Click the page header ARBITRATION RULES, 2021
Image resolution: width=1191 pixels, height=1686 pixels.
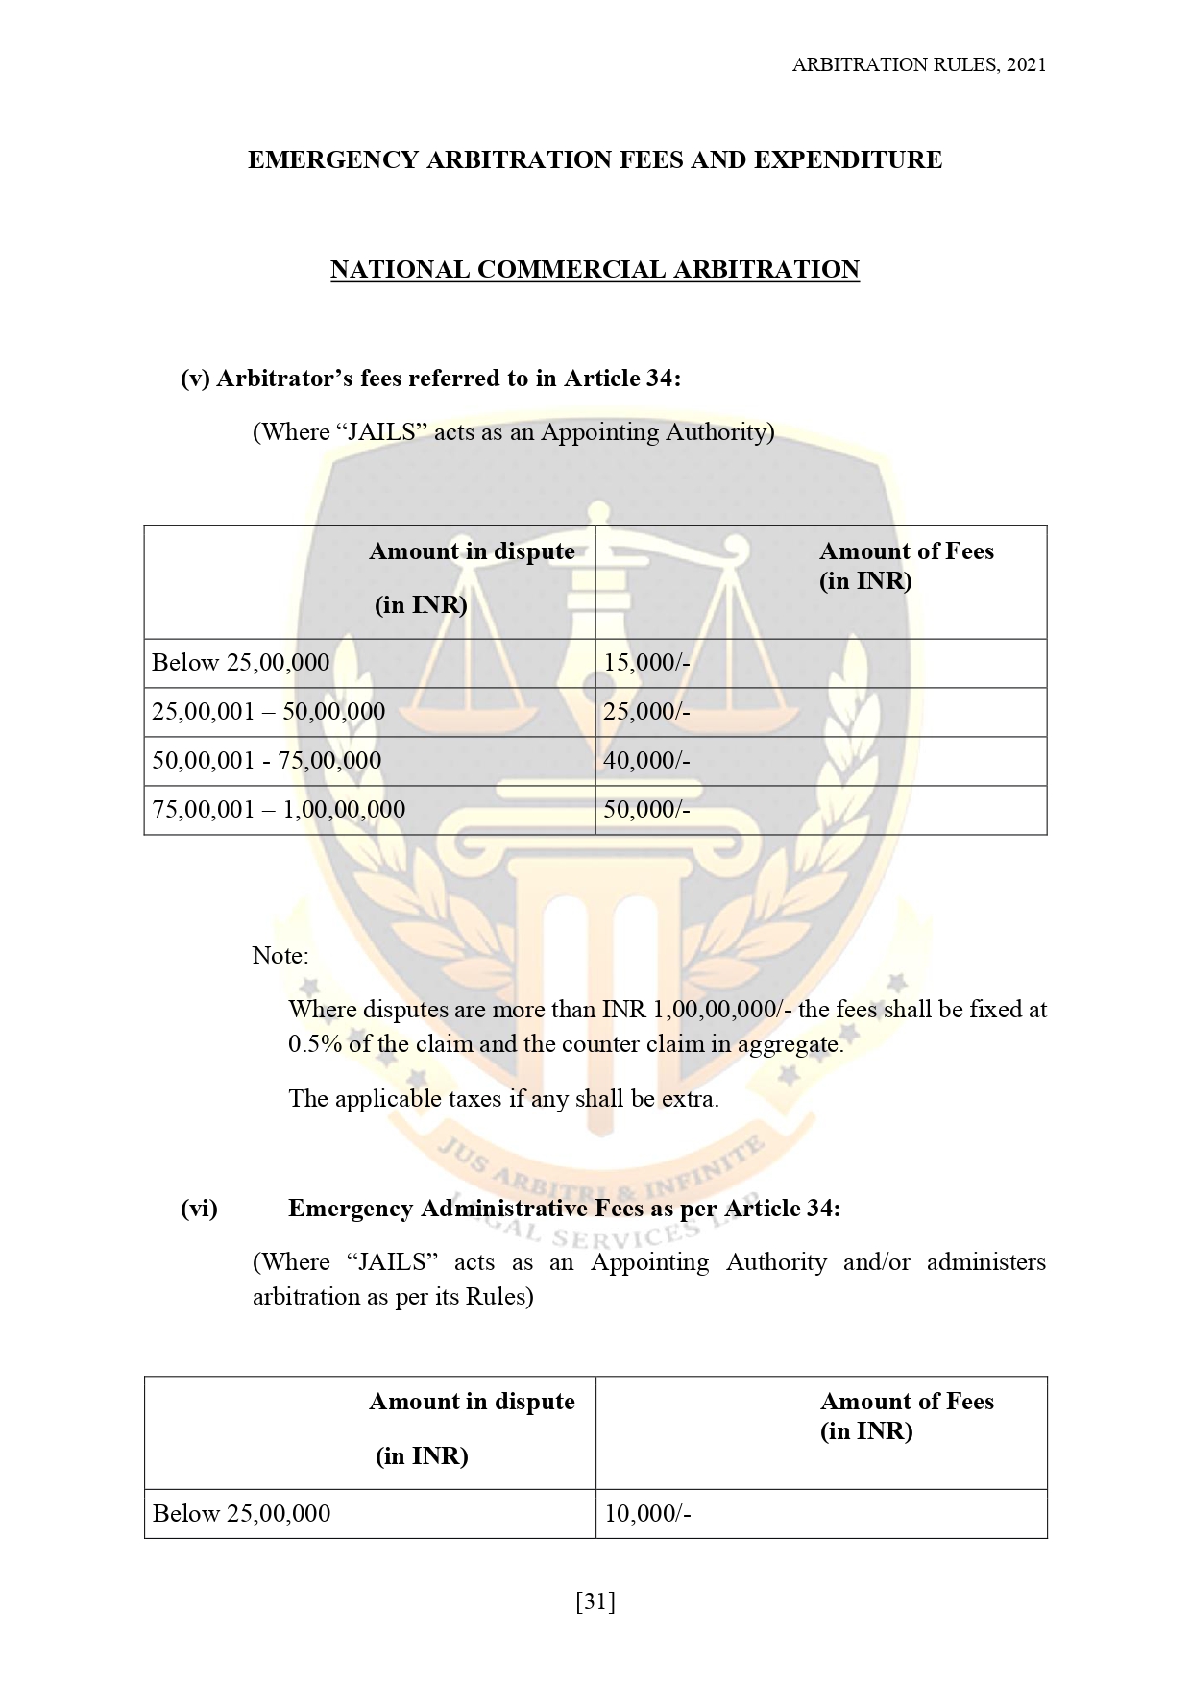point(918,65)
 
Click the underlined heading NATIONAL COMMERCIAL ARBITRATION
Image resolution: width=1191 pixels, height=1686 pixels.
point(595,270)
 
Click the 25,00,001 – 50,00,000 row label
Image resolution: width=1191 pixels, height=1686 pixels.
point(268,712)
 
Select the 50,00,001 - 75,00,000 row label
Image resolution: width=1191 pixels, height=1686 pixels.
point(266,761)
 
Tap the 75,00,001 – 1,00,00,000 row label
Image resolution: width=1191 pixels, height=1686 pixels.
point(279,810)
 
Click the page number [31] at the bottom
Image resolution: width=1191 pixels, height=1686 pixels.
point(595,1601)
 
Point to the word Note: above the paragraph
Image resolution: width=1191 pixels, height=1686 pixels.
point(280,956)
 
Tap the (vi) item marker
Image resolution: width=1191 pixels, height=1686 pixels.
point(200,1209)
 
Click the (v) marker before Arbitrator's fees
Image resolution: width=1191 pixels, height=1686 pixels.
point(195,379)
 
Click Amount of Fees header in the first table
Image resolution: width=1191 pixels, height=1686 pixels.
point(906,551)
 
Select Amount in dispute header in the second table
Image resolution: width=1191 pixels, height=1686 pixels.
point(472,1403)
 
